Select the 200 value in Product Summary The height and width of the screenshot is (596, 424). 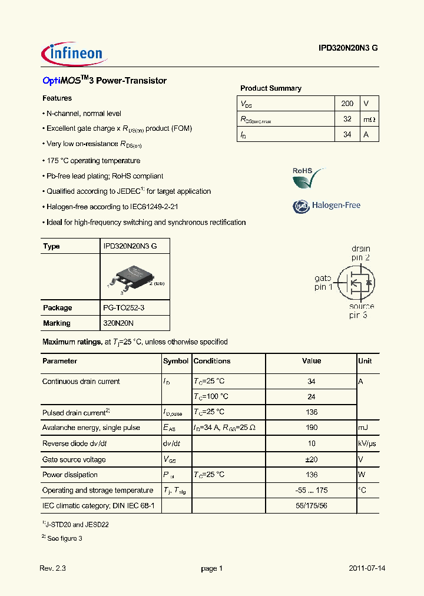click(x=347, y=103)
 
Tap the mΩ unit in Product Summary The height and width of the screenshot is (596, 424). click(x=369, y=119)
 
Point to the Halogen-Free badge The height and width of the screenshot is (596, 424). click(x=327, y=206)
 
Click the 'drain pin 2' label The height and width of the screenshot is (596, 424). click(x=360, y=253)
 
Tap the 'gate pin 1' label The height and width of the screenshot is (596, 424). click(x=323, y=283)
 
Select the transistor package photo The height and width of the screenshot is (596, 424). click(x=135, y=277)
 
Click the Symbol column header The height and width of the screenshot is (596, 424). click(x=175, y=361)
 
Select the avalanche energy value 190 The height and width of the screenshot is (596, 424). click(x=312, y=428)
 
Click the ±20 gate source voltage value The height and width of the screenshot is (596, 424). click(x=312, y=459)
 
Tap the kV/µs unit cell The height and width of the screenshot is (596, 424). click(x=368, y=443)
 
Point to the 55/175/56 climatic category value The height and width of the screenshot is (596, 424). click(x=312, y=505)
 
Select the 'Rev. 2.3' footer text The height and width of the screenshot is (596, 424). click(x=53, y=568)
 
